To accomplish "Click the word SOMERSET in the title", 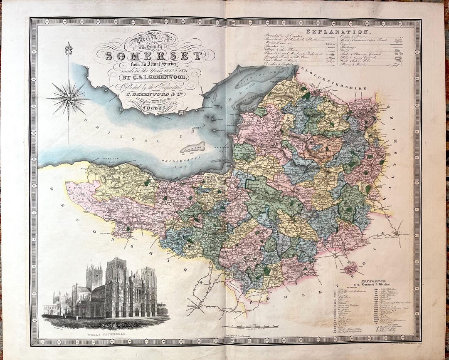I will [153, 56].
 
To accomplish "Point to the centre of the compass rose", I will [69, 99].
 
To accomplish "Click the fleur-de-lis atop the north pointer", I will [69, 49].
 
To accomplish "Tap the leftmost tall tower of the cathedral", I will [94, 277].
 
